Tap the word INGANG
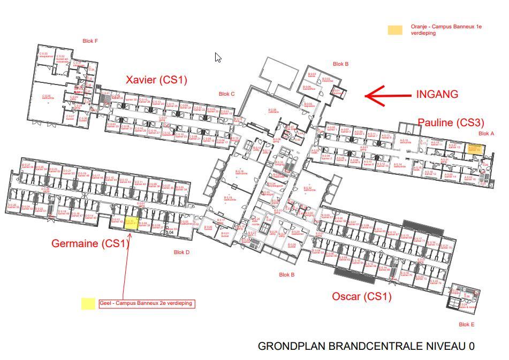click(437, 94)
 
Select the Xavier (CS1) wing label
click(156, 80)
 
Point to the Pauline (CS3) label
click(451, 122)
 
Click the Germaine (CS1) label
click(90, 243)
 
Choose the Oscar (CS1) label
click(362, 296)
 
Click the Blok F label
click(90, 41)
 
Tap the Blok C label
click(226, 94)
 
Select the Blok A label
click(486, 134)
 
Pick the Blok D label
click(181, 252)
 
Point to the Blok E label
click(466, 324)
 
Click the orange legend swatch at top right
click(395, 30)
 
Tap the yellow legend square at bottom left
click(88, 304)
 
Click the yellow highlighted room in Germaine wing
click(131, 223)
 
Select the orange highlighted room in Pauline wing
click(474, 149)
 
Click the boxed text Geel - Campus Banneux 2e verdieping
click(146, 304)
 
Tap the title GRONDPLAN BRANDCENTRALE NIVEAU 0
click(366, 347)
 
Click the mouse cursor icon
click(218, 57)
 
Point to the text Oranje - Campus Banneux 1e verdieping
click(446, 29)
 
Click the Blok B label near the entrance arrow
click(340, 64)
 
